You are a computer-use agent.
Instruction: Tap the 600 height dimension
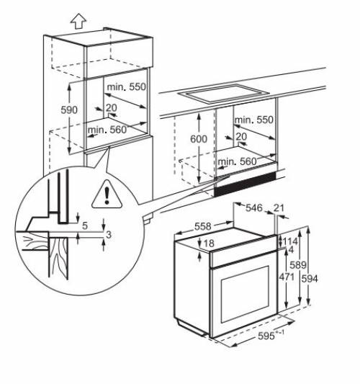[x=199, y=138]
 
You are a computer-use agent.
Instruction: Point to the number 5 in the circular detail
[x=84, y=226]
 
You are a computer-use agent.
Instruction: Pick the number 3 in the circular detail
[x=109, y=235]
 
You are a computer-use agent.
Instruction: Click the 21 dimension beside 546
[x=279, y=207]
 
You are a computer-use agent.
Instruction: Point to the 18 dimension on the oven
[x=210, y=244]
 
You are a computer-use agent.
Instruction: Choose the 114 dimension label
[x=289, y=241]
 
